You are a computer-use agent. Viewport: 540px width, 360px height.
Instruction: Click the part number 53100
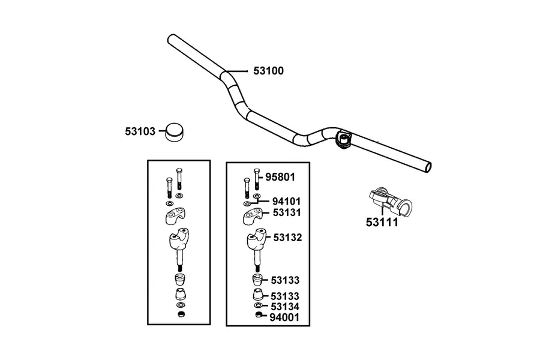[268, 71]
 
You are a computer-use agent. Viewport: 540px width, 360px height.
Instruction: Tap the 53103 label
[140, 131]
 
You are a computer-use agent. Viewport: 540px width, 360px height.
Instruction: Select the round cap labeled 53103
[174, 132]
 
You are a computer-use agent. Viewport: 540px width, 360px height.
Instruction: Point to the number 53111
[382, 222]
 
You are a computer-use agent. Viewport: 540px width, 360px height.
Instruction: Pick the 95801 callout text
[280, 177]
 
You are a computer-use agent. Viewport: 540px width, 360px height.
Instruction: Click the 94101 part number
[286, 201]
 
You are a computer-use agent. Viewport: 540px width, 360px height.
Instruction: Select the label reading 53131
[287, 212]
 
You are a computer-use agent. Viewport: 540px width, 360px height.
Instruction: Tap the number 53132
[287, 238]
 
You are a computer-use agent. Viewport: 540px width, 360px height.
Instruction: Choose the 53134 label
[285, 307]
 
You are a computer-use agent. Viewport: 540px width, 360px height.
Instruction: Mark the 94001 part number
[284, 317]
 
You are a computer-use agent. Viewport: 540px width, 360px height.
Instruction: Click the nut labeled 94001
[259, 314]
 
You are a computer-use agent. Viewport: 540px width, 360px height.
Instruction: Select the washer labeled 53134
[258, 305]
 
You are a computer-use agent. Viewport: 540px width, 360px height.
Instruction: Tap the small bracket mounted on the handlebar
[343, 139]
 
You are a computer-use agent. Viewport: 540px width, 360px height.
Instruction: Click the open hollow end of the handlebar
[428, 167]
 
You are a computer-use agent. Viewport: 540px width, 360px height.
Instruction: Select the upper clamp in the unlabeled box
[176, 215]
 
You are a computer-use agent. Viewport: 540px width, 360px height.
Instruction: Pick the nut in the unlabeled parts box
[181, 314]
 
